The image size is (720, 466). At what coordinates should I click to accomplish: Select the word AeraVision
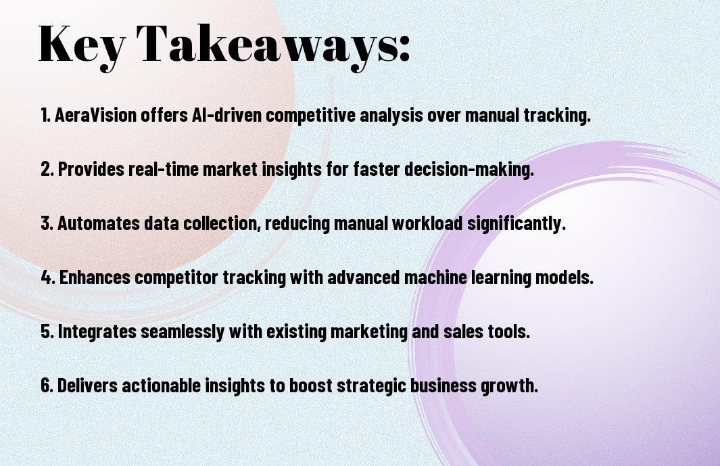click(95, 115)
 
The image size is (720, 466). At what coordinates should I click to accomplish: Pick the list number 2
click(47, 169)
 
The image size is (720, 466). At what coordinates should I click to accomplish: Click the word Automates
click(98, 223)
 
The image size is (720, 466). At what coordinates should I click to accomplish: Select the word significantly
click(516, 224)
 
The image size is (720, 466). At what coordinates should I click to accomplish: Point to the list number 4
click(48, 277)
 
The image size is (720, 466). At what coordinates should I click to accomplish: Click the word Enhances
click(95, 277)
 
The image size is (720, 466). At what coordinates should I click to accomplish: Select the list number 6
click(47, 386)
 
